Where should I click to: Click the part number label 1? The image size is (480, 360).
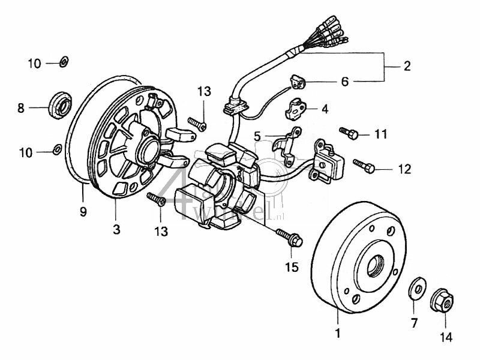337,332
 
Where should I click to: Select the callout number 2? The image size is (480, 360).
407,67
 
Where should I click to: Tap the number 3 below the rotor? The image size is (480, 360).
116,229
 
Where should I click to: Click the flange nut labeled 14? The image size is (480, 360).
442,299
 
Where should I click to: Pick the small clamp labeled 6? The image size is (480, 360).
299,80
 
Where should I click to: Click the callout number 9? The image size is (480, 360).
83,211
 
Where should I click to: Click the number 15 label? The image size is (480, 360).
292,267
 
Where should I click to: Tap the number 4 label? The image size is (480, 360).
325,109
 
